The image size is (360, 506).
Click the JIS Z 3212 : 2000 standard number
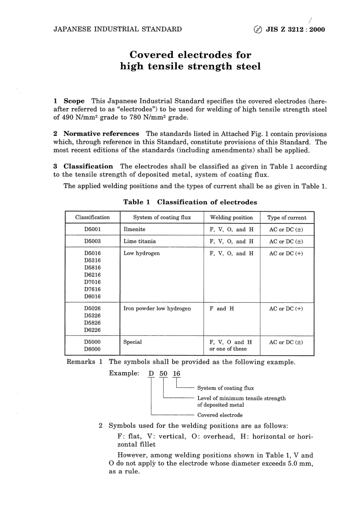296,30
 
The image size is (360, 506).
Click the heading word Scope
74,101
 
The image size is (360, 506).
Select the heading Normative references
101,134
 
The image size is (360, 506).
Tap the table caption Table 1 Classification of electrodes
190,202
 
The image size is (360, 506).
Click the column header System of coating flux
162,217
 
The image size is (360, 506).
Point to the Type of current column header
286,218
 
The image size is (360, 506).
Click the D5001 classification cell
92,229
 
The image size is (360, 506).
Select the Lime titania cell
139,241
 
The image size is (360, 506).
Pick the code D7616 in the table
92,289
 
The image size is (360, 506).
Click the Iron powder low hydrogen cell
157,308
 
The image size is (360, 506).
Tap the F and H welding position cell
222,308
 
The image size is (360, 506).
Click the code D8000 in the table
92,349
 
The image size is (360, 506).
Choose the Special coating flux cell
132,342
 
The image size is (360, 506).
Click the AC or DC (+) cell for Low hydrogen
286,253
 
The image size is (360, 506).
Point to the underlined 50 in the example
163,374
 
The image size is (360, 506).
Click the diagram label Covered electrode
220,415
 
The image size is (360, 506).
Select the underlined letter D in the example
151,374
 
